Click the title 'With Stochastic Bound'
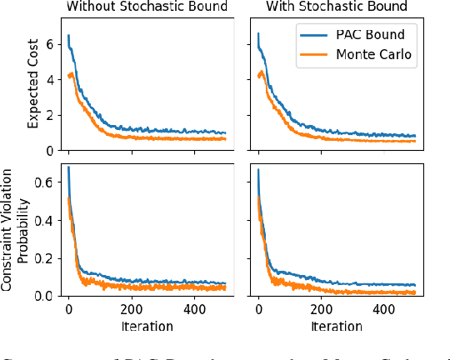click(337, 7)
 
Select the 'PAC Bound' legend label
click(372, 36)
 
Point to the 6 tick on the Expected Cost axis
click(51, 42)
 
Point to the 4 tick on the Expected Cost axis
click(51, 78)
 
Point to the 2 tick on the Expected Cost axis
click(51, 114)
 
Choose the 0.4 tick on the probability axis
click(46, 221)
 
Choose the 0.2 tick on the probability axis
click(46, 258)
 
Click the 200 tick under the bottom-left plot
click(132, 309)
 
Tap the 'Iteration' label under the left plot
click(147, 326)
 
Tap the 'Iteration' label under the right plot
click(336, 326)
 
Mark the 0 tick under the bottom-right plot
click(258, 309)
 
